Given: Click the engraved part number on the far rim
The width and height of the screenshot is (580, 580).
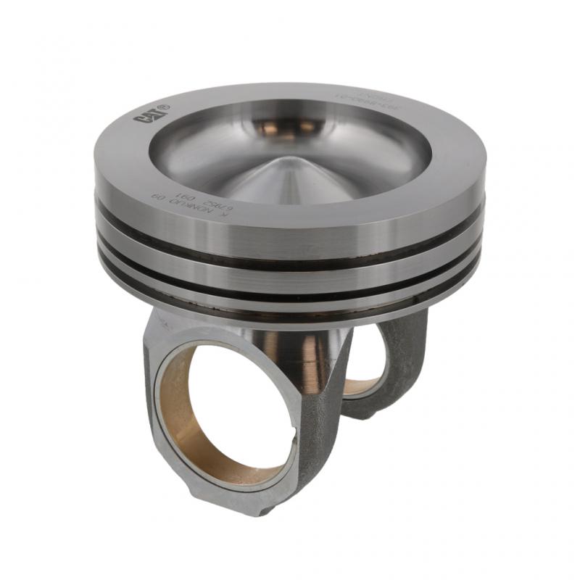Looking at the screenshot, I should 355,94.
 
